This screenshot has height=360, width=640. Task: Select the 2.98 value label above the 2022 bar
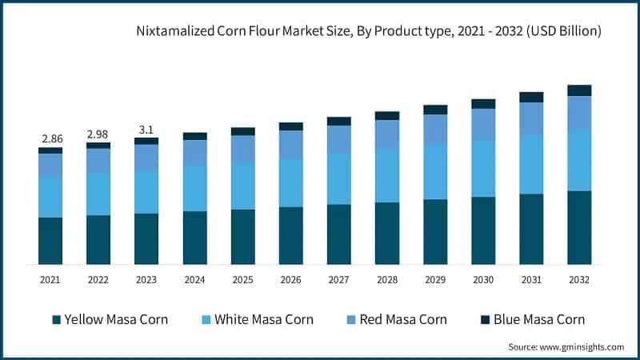[98, 133]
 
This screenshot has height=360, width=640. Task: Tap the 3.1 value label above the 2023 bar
[146, 128]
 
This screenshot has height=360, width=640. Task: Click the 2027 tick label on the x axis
[338, 279]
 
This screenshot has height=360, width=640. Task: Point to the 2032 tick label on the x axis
[579, 279]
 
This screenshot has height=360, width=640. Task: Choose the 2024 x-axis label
[194, 279]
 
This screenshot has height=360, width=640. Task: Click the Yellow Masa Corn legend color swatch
[56, 320]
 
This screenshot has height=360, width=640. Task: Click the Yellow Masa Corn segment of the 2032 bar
[579, 227]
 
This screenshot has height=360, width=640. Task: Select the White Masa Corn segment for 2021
[50, 196]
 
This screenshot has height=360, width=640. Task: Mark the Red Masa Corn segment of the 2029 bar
[435, 130]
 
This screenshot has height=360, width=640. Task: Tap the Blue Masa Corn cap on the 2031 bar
[531, 97]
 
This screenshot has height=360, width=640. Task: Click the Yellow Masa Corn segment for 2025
[242, 237]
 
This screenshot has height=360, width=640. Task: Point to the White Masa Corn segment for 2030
[483, 168]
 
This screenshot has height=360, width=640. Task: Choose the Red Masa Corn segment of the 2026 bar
[290, 144]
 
